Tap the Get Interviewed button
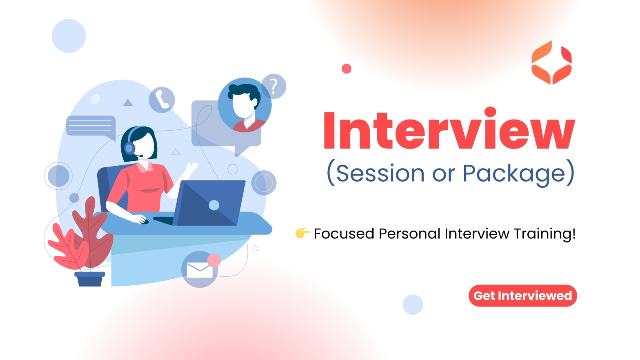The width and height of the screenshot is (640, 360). coord(522,296)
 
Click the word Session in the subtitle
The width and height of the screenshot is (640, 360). coord(380,173)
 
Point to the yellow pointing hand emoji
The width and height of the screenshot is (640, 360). coord(302,233)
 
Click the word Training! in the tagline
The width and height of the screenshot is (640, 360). coord(545,234)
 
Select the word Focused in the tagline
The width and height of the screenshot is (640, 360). coord(344,233)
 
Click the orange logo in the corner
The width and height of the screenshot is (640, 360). coord(551,62)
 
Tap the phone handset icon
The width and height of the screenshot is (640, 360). coord(162,99)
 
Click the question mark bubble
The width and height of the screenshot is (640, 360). coord(274,86)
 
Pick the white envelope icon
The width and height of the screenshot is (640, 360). coord(200,270)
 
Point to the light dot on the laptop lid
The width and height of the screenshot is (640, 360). coord(214,205)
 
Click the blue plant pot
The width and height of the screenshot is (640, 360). coord(90,279)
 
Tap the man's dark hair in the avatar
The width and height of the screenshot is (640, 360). coord(244,91)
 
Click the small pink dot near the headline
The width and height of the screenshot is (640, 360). coord(346,69)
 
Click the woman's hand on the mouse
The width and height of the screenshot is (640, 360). coord(140,219)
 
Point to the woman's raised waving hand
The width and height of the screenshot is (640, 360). coord(191,167)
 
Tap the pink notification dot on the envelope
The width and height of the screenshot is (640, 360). coord(214,260)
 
